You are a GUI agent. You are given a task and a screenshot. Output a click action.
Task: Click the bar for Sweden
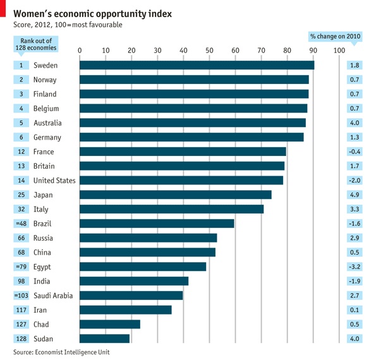197,65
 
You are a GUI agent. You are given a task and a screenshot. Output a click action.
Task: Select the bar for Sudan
104,339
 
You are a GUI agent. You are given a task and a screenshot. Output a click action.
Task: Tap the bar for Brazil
157,224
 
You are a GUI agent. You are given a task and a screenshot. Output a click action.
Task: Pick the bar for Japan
175,195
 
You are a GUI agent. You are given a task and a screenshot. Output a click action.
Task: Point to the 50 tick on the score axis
209,51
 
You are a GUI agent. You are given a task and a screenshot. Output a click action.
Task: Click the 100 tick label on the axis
339,51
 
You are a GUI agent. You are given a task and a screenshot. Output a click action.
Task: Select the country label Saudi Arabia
53,296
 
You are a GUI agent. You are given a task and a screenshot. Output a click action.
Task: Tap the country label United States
54,181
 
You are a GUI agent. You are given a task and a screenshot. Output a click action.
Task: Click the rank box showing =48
21,224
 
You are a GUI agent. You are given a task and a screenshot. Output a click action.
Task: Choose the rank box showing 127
21,325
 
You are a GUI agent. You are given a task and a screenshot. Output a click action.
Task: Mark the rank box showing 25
21,195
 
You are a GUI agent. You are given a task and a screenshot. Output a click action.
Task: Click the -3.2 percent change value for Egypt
354,267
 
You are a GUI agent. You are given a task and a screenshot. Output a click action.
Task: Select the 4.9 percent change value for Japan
354,195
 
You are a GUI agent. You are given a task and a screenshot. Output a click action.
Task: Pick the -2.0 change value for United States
354,181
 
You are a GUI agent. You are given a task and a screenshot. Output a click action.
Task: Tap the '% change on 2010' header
335,37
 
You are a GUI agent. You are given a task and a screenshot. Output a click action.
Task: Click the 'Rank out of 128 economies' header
36,44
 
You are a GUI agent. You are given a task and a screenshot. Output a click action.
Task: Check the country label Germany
47,137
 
